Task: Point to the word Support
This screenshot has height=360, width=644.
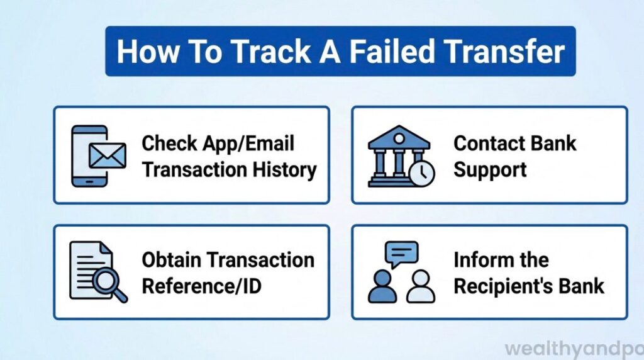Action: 490,170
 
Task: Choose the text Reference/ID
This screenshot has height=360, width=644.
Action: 201,286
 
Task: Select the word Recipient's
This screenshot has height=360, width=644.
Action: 502,286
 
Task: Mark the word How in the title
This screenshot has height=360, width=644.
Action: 143,52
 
